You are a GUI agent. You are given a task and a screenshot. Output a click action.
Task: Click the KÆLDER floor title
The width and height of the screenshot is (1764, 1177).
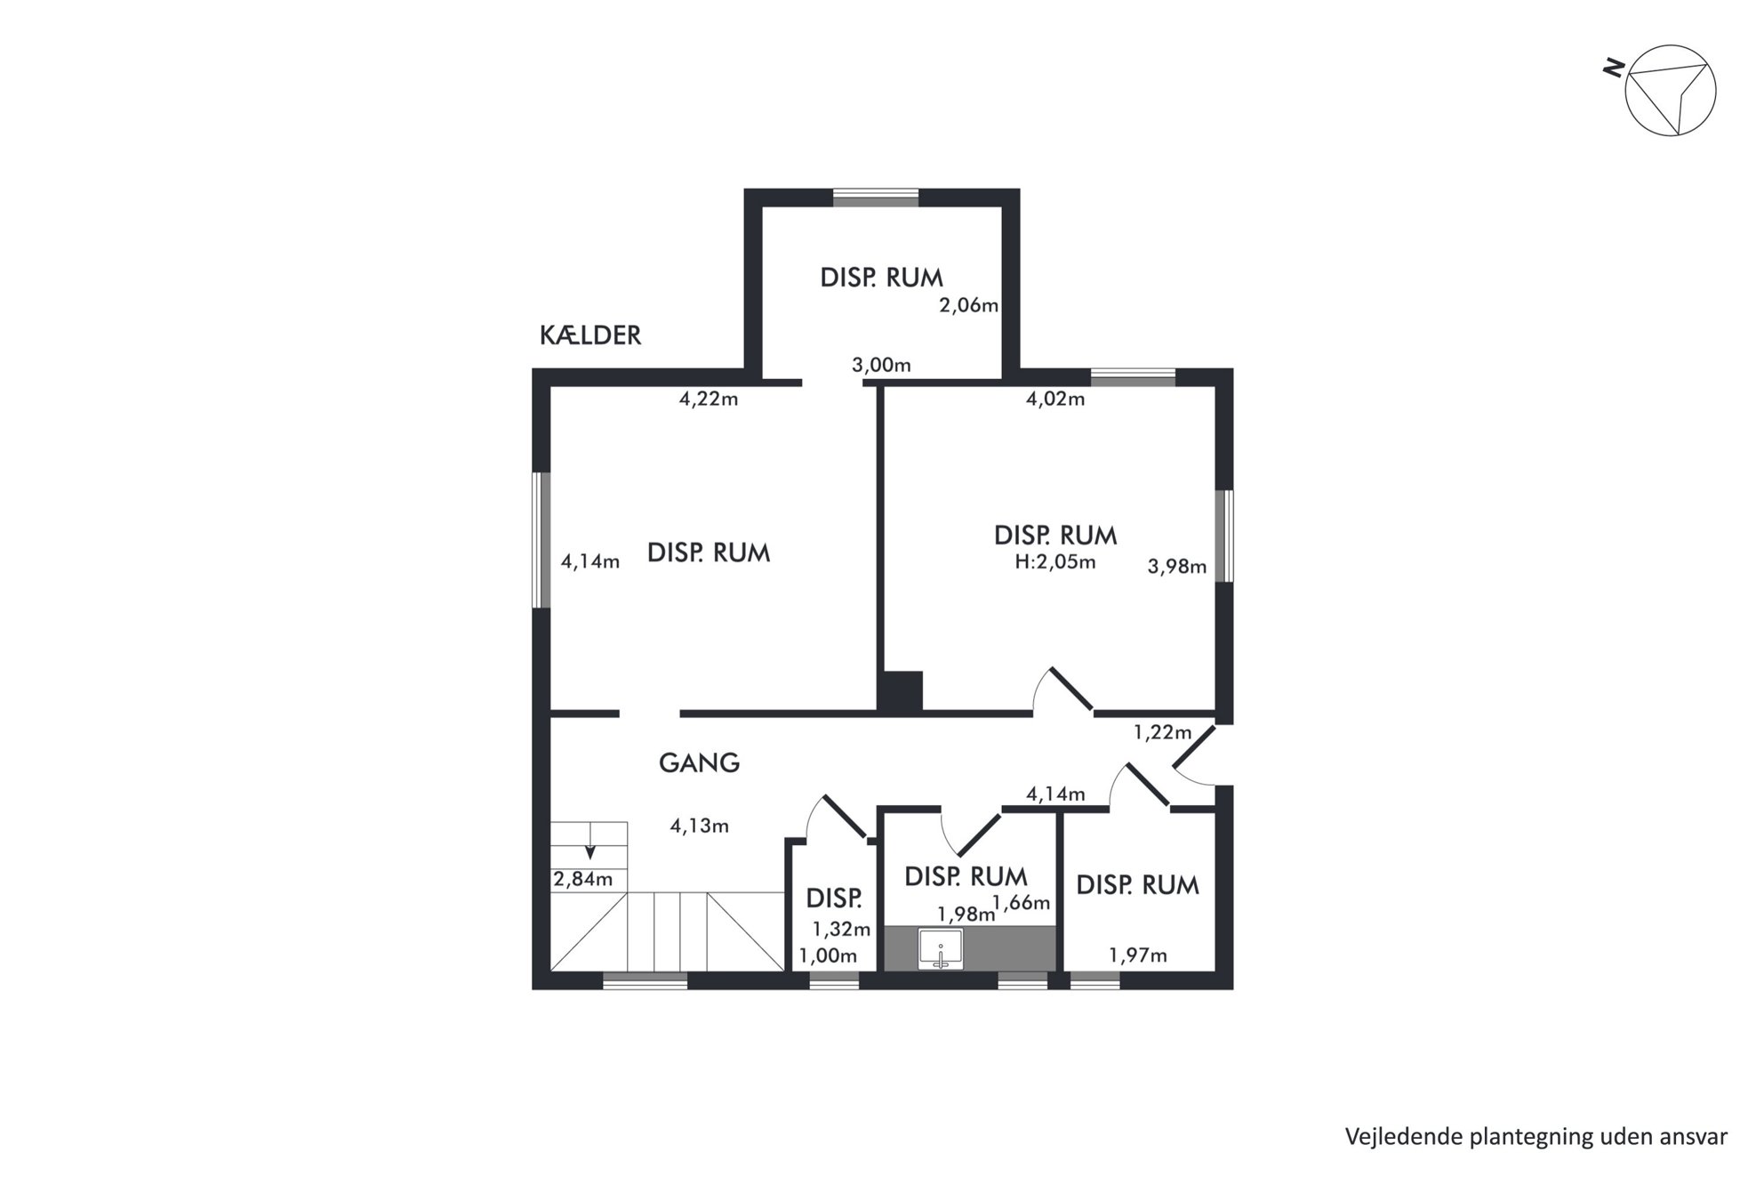pos(590,335)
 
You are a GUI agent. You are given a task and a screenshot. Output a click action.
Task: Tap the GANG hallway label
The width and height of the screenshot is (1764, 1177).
pos(699,762)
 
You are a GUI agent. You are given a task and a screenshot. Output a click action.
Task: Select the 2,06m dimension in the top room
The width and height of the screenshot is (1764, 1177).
pos(969,305)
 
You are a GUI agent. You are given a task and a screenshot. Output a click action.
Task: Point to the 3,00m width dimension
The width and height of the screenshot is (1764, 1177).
pos(881,365)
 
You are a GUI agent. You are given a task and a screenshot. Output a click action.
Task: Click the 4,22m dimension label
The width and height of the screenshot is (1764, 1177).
pos(709,399)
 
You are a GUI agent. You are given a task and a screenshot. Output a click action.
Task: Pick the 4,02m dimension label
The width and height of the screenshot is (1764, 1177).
pos(1055,399)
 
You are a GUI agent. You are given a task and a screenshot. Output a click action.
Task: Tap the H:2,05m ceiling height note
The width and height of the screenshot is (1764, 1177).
pos(1055,562)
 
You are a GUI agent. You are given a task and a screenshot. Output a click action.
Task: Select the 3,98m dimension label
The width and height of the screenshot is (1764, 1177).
pos(1177,567)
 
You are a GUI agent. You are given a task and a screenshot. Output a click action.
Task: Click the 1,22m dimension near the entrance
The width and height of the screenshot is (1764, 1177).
pos(1162,733)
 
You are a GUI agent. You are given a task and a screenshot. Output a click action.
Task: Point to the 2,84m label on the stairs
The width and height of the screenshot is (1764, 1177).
pos(583,880)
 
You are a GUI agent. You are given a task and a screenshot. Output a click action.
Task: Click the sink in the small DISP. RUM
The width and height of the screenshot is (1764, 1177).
pos(941,948)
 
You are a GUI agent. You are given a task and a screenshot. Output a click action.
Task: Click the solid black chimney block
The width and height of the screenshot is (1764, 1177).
pos(900,691)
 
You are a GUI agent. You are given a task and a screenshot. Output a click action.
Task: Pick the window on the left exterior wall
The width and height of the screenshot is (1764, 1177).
pos(541,540)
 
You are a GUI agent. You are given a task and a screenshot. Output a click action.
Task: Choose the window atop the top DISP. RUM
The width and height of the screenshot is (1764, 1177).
pos(876,198)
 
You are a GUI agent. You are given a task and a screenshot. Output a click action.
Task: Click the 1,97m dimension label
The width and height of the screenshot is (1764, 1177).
pos(1138,955)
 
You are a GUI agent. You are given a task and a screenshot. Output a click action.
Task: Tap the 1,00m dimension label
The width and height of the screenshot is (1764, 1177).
pos(828,956)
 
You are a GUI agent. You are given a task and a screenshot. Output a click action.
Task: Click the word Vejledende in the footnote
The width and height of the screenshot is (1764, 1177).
pos(1397,1136)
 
